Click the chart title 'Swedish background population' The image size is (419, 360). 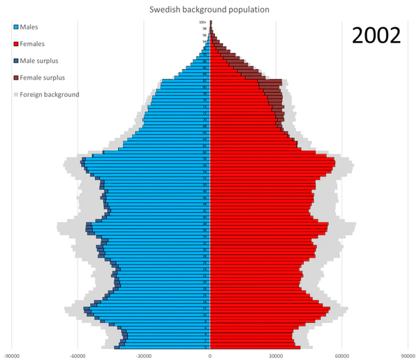click(x=209, y=10)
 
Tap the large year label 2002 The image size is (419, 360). click(x=376, y=36)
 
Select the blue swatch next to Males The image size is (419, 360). click(x=15, y=27)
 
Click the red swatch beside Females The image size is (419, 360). click(x=15, y=44)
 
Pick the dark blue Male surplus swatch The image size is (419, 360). click(x=15, y=61)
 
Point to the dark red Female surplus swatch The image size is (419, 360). click(x=15, y=77)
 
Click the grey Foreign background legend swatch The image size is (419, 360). click(x=15, y=94)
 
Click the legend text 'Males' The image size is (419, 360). click(x=30, y=27)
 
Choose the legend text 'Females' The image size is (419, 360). click(x=34, y=44)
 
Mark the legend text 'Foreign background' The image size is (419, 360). click(x=50, y=94)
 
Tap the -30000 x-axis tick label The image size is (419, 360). click(x=144, y=354)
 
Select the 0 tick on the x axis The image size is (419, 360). click(x=210, y=354)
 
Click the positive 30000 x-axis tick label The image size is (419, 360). click(x=276, y=354)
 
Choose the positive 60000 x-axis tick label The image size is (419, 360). click(x=341, y=354)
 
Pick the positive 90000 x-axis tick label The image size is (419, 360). click(x=407, y=354)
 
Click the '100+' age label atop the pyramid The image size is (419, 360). click(x=203, y=23)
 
